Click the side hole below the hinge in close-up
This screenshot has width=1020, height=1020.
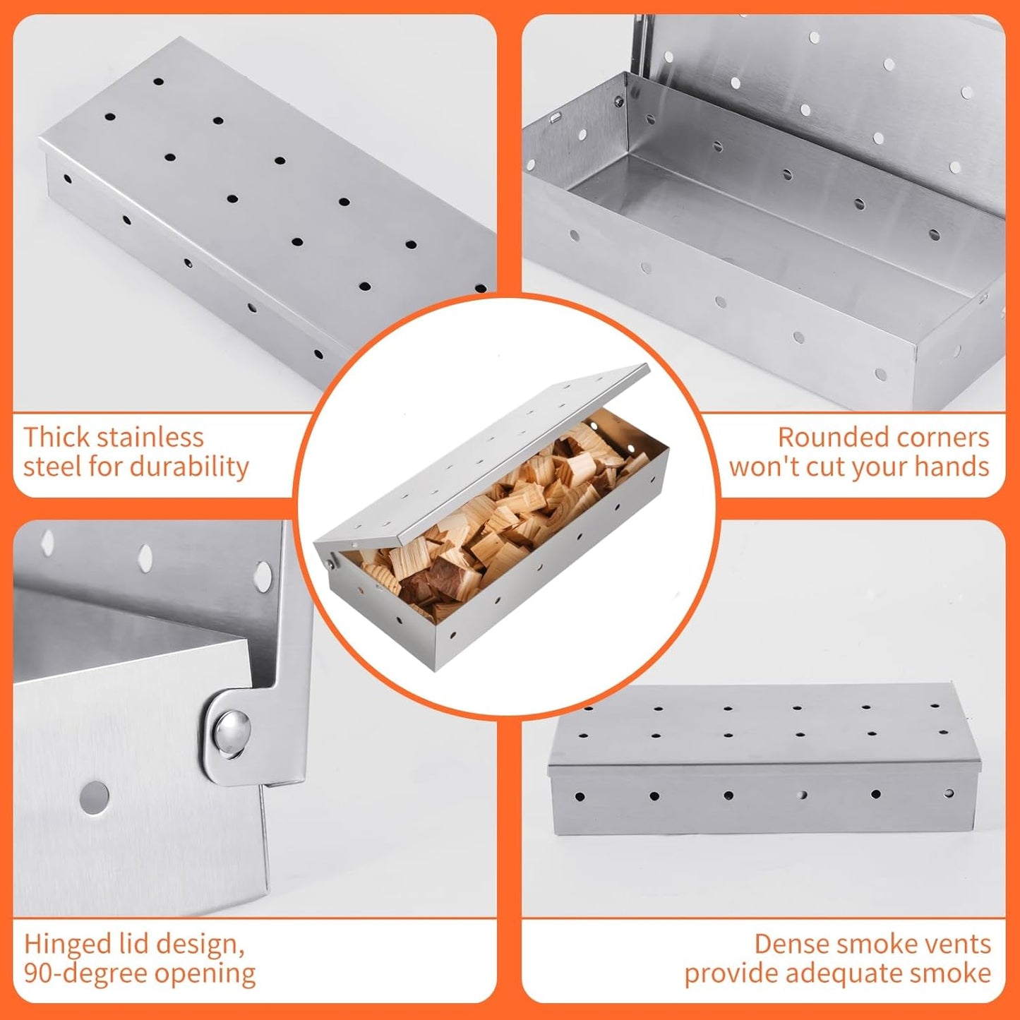coord(95,796)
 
